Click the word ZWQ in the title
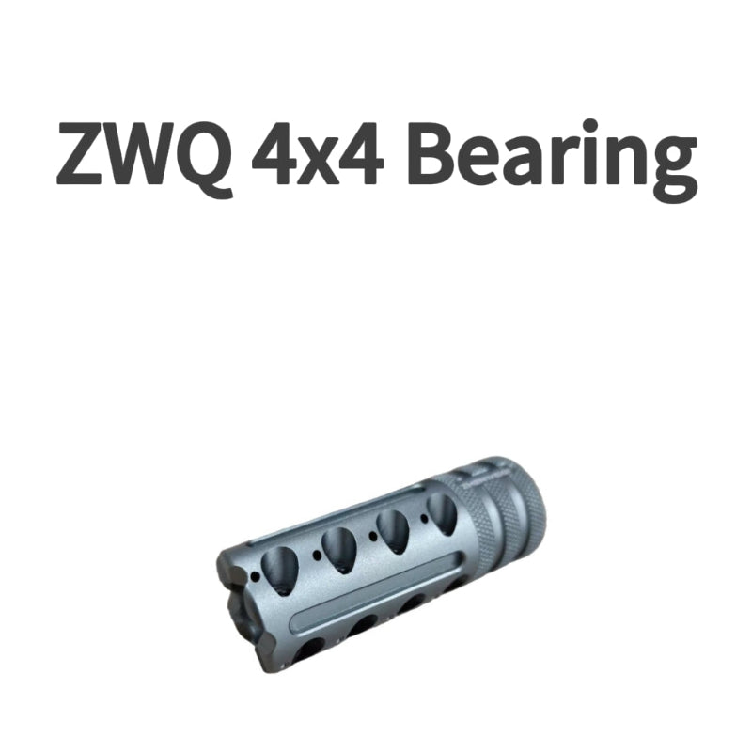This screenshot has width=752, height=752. tap(142, 155)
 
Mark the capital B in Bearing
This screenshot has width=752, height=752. tap(437, 155)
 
